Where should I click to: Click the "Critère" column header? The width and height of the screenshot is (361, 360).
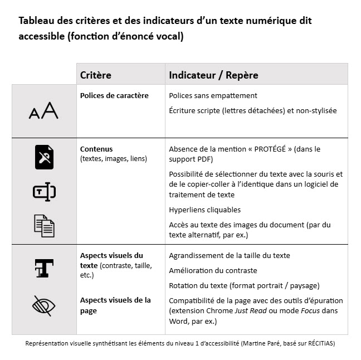[96, 75]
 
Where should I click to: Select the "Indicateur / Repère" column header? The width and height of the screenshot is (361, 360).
[213, 75]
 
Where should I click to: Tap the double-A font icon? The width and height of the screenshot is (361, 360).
[43, 111]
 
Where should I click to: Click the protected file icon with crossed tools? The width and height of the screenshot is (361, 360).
[45, 157]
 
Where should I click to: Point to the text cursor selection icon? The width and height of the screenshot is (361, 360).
[45, 192]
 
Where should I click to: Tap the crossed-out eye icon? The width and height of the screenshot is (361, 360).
[45, 305]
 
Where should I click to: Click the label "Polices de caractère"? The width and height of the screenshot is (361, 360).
[114, 95]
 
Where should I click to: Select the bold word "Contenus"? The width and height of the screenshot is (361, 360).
[96, 149]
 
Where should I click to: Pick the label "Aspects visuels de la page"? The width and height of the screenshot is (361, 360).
[115, 305]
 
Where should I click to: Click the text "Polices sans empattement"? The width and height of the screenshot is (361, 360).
[213, 96]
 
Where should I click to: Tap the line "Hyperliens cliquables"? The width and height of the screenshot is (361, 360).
[204, 210]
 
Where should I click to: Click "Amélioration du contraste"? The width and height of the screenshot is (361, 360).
[213, 270]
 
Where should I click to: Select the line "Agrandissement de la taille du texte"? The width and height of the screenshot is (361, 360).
[230, 255]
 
